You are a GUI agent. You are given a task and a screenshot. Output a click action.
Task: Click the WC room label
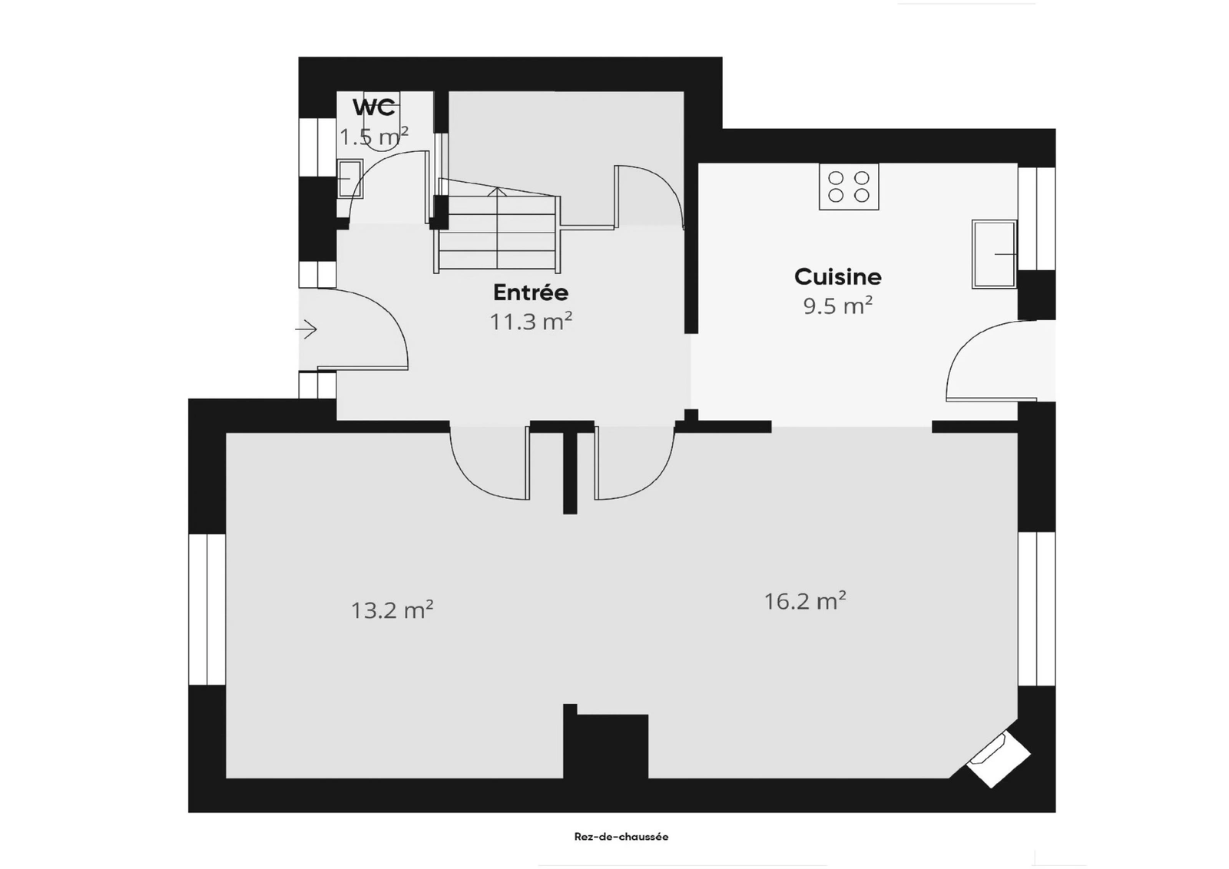click(374, 107)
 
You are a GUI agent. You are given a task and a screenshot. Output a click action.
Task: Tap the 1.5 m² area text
click(374, 137)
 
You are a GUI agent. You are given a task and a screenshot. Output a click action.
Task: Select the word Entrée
click(531, 292)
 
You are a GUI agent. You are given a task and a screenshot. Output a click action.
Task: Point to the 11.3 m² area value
click(531, 322)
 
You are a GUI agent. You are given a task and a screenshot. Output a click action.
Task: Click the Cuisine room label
click(838, 277)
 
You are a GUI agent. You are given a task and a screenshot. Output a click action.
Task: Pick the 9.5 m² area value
click(838, 306)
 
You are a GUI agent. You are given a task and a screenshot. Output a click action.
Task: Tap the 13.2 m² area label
click(392, 610)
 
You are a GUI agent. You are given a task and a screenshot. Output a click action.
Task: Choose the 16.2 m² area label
click(805, 601)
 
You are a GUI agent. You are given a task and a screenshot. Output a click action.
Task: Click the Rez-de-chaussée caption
click(621, 837)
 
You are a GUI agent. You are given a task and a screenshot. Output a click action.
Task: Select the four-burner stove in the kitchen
click(849, 187)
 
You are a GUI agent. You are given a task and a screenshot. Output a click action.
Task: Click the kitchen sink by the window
click(994, 254)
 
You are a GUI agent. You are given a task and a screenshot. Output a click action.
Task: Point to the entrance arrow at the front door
click(306, 329)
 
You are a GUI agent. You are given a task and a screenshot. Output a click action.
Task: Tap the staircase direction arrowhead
click(497, 191)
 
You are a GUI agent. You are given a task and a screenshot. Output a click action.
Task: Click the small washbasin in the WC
click(349, 178)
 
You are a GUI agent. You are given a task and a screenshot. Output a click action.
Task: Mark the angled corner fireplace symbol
click(998, 760)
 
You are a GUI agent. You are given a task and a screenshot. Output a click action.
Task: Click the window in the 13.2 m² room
click(207, 609)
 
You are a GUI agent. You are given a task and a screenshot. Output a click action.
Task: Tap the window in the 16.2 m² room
click(1036, 609)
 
